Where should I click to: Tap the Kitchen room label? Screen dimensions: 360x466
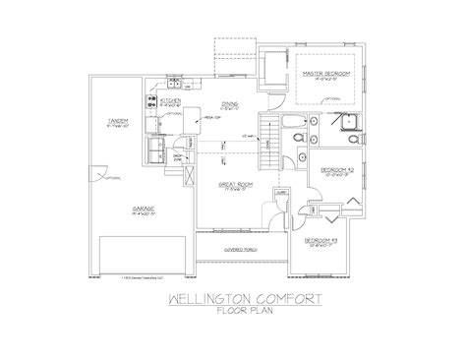(168, 99)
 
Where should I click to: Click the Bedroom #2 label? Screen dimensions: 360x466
(336, 170)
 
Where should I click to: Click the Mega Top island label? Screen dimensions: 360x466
(208, 118)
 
